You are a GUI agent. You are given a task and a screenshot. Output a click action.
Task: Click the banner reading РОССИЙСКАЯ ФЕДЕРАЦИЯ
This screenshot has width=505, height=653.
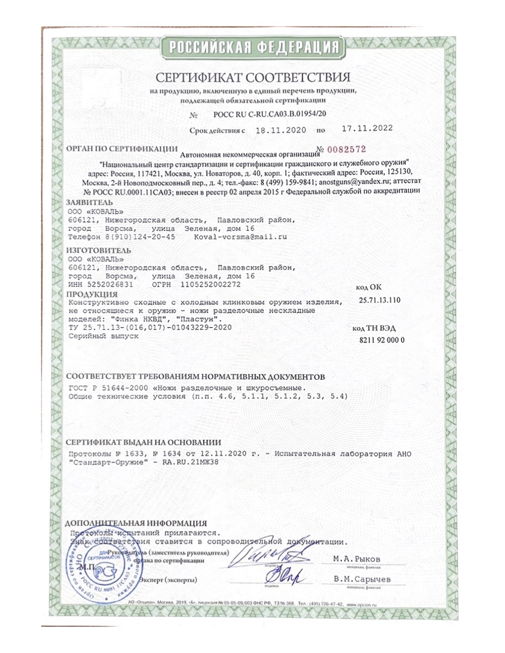pyautogui.click(x=253, y=47)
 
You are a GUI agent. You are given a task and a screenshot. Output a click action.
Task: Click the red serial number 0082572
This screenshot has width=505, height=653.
pyautogui.click(x=344, y=148)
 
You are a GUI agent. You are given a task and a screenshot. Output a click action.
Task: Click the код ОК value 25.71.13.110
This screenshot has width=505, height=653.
pyautogui.click(x=380, y=300)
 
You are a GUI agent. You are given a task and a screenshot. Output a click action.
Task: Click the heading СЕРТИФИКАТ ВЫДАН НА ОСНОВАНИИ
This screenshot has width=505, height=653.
pyautogui.click(x=143, y=442)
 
